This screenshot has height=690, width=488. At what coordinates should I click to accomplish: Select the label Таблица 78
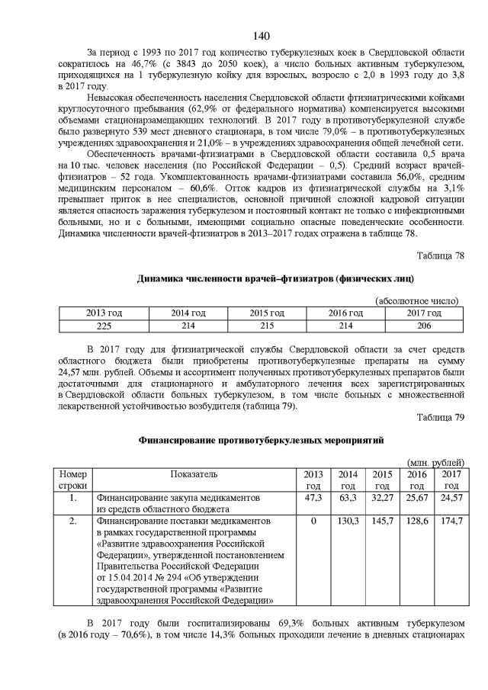[441, 256]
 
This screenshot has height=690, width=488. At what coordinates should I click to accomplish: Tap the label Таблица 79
[441, 416]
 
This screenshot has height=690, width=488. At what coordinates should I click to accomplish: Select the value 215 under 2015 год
[267, 326]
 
